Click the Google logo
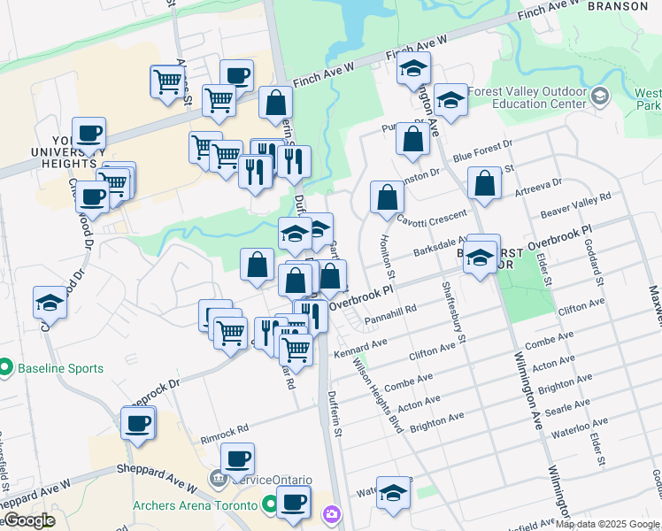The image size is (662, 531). click(28, 520)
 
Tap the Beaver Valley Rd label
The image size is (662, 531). click(576, 209)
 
